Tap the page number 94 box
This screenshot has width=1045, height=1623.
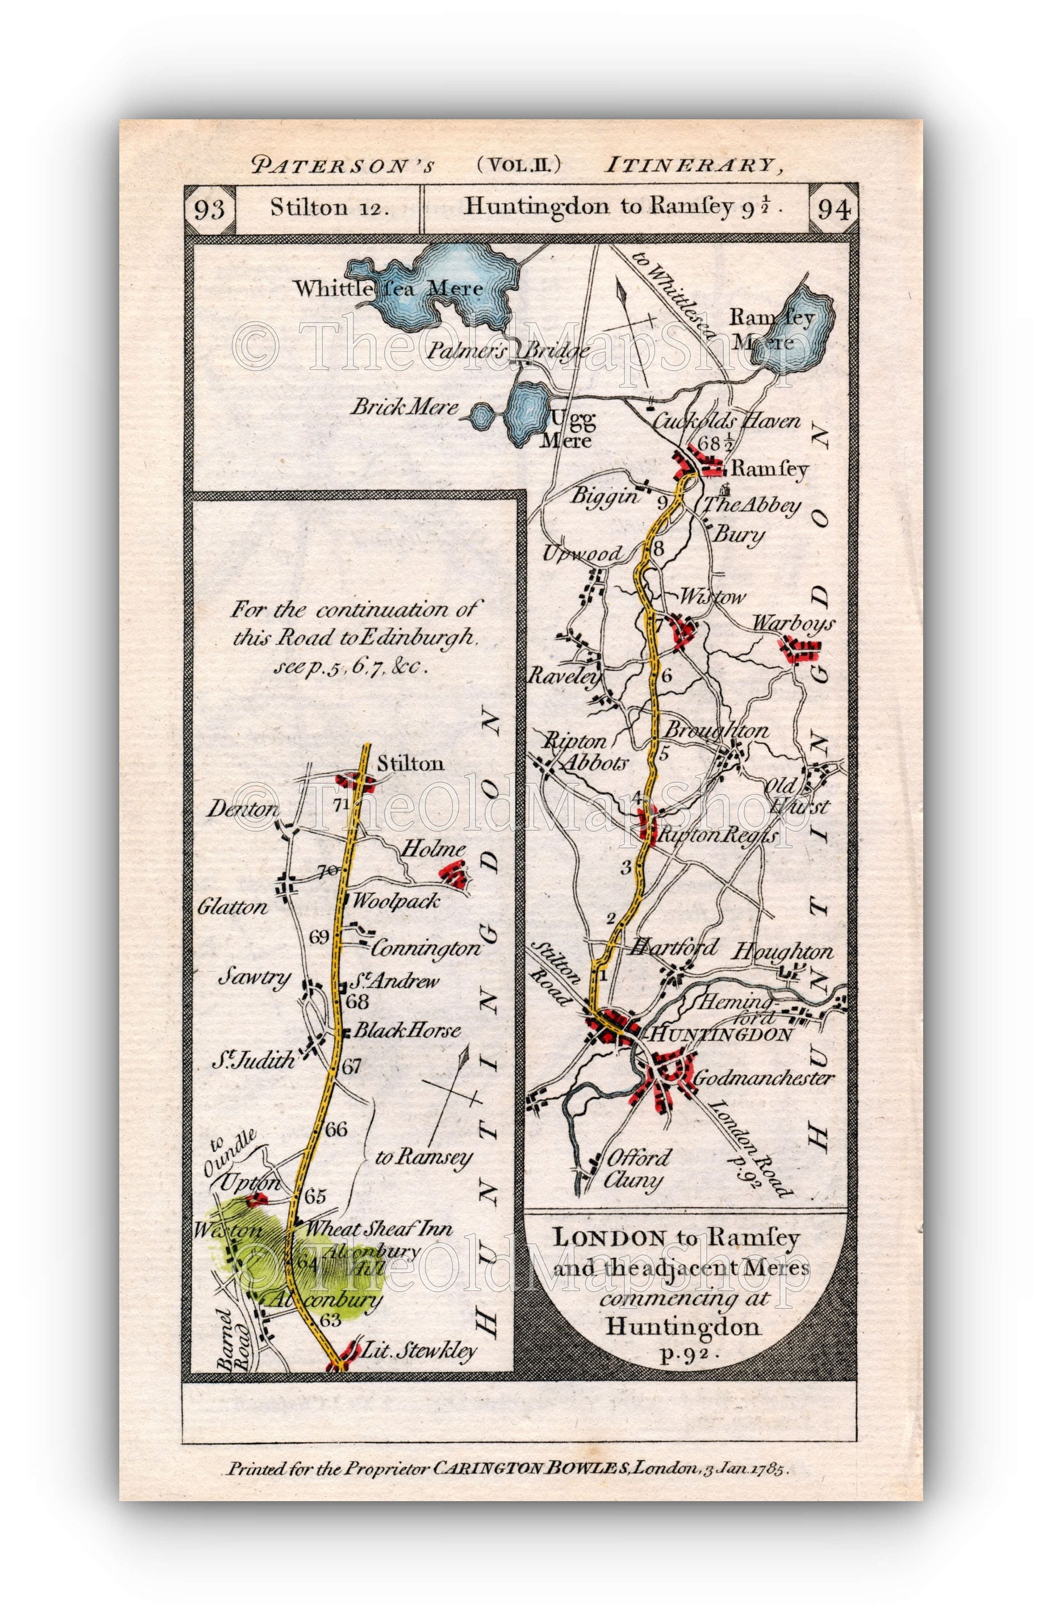[x=834, y=209]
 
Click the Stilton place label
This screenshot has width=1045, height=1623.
[x=410, y=763]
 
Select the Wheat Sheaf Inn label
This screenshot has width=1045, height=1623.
[x=379, y=1228]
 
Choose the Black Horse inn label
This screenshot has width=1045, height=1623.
[x=407, y=1031]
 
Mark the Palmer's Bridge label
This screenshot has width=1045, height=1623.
[x=508, y=351]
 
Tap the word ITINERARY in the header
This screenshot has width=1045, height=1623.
[x=688, y=165]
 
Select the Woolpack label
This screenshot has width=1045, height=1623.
[x=395, y=901]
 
